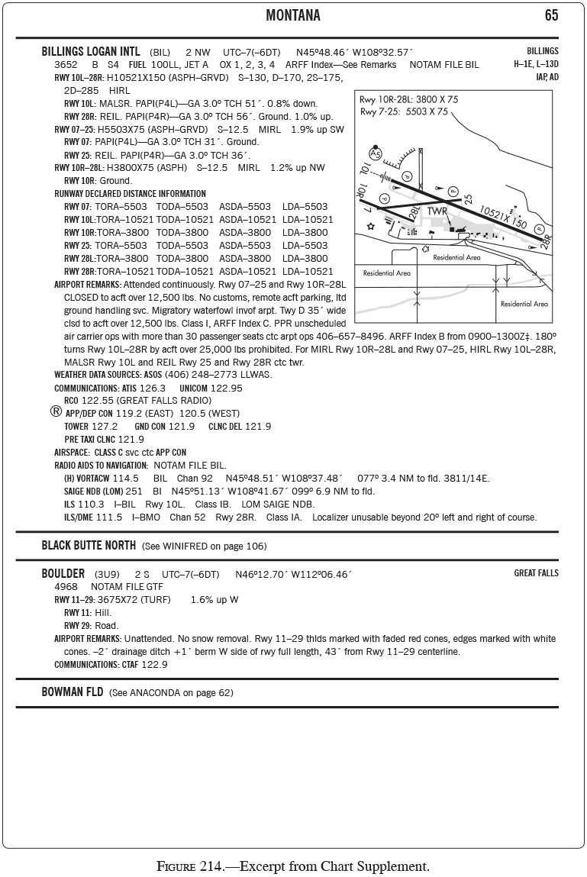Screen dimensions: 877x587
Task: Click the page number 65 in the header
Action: (551, 16)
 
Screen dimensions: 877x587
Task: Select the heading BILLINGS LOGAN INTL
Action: (91, 52)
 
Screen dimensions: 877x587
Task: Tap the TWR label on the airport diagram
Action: (437, 211)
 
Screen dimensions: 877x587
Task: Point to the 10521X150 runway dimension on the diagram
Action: (503, 217)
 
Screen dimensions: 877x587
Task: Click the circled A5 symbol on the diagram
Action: (376, 153)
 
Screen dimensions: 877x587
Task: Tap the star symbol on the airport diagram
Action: (371, 226)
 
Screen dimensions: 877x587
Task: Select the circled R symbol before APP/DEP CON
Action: (56, 411)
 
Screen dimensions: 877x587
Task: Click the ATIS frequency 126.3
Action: (152, 388)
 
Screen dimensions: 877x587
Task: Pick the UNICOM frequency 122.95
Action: (226, 388)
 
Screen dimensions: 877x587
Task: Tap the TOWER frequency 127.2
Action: (105, 426)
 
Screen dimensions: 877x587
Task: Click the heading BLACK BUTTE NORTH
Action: (89, 546)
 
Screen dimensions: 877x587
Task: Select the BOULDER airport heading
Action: (63, 574)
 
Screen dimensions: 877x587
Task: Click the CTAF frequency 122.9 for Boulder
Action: (153, 664)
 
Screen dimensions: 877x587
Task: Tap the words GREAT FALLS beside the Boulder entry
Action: (536, 573)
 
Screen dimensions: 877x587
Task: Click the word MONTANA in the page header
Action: (292, 16)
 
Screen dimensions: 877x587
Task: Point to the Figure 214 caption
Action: (293, 866)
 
